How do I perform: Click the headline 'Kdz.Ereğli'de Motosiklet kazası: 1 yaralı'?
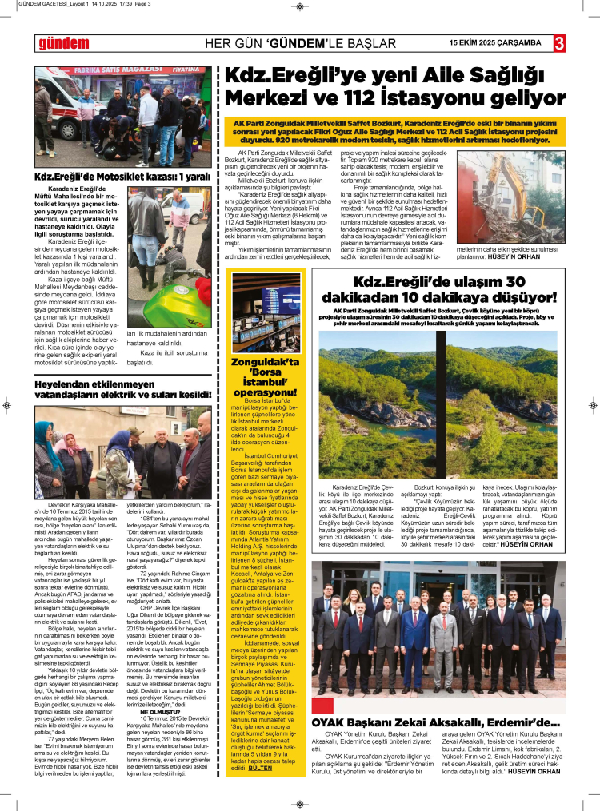(122, 177)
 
